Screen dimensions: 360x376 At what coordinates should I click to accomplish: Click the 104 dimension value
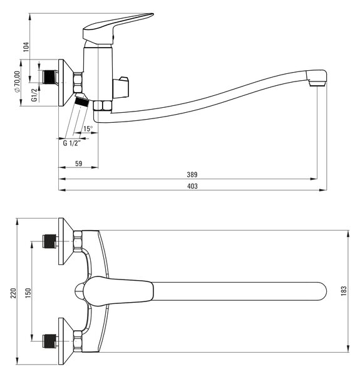pyautogui.click(x=26, y=47)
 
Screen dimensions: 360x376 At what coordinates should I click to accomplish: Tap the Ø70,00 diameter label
pyautogui.click(x=17, y=81)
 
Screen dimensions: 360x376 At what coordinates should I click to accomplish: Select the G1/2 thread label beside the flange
pyautogui.click(x=34, y=95)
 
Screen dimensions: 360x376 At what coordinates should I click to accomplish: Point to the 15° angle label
pyautogui.click(x=88, y=128)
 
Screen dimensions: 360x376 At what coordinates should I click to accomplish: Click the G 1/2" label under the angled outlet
pyautogui.click(x=71, y=143)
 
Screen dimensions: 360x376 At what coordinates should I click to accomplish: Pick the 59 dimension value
pyautogui.click(x=78, y=164)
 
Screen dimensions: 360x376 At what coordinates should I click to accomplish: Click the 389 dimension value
pyautogui.click(x=192, y=175)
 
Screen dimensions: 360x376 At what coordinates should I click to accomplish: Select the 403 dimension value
pyautogui.click(x=192, y=186)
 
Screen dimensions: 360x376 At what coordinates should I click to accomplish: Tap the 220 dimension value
pyautogui.click(x=13, y=293)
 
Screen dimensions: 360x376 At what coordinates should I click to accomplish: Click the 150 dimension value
pyautogui.click(x=28, y=293)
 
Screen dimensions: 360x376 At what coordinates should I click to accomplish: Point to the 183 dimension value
pyautogui.click(x=344, y=291)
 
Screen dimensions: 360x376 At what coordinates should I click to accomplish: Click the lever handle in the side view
pyautogui.click(x=117, y=28)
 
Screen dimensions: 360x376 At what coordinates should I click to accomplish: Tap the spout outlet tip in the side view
pyautogui.click(x=317, y=83)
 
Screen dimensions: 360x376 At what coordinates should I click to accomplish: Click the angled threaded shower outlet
pyautogui.click(x=81, y=100)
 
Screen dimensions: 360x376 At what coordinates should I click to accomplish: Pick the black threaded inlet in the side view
pyautogui.click(x=49, y=76)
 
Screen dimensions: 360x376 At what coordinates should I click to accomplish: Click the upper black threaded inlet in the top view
pyautogui.click(x=49, y=241)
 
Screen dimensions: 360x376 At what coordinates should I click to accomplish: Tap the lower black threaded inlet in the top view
pyautogui.click(x=49, y=341)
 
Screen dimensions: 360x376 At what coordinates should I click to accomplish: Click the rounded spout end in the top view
pyautogui.click(x=321, y=291)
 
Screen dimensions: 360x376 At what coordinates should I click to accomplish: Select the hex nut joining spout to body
pyautogui.click(x=103, y=105)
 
